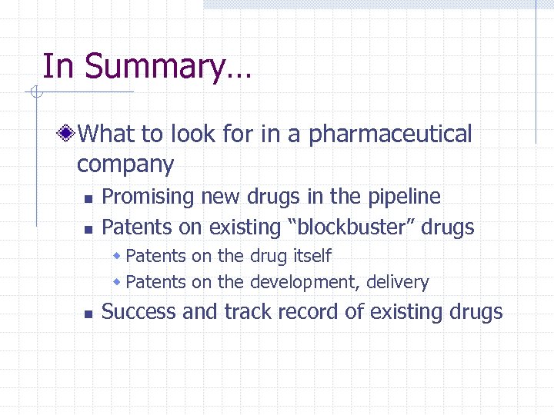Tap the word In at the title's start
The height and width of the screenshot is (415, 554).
coord(57,66)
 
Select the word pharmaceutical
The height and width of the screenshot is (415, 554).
coord(390,134)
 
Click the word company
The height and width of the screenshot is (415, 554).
coord(125,164)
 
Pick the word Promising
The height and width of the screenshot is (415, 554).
coord(149,197)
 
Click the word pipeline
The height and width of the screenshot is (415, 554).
coord(402,197)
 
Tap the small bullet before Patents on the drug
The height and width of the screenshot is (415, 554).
coord(117,255)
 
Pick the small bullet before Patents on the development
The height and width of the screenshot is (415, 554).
coord(117,282)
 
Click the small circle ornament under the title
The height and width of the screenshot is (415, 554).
coord(35,93)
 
